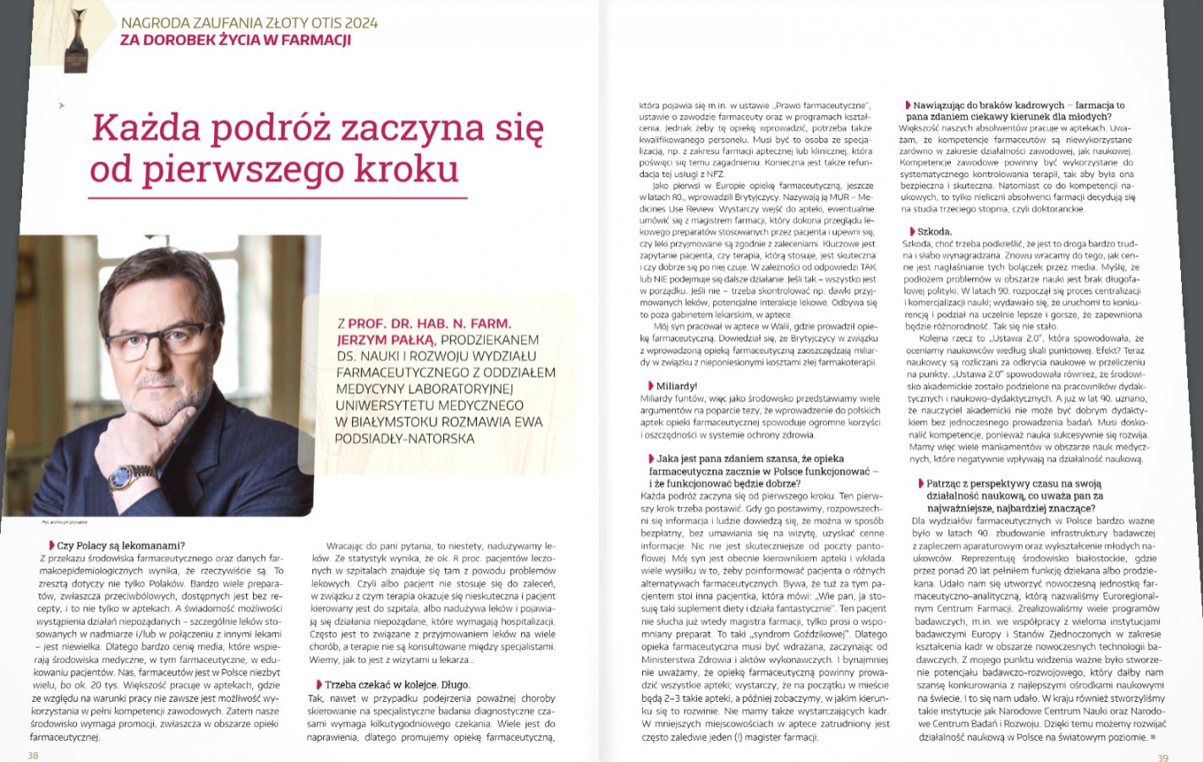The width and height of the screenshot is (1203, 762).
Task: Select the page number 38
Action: click(x=33, y=755)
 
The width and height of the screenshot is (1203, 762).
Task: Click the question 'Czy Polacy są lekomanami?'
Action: click(x=120, y=546)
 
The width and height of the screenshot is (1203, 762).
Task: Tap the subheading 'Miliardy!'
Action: click(x=676, y=386)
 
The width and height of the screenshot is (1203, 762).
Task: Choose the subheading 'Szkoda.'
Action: click(x=934, y=231)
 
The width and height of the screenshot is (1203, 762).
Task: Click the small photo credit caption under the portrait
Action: click(x=64, y=522)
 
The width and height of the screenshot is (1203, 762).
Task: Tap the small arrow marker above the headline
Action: click(x=61, y=106)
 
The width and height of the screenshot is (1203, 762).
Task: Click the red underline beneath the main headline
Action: click(x=278, y=197)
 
